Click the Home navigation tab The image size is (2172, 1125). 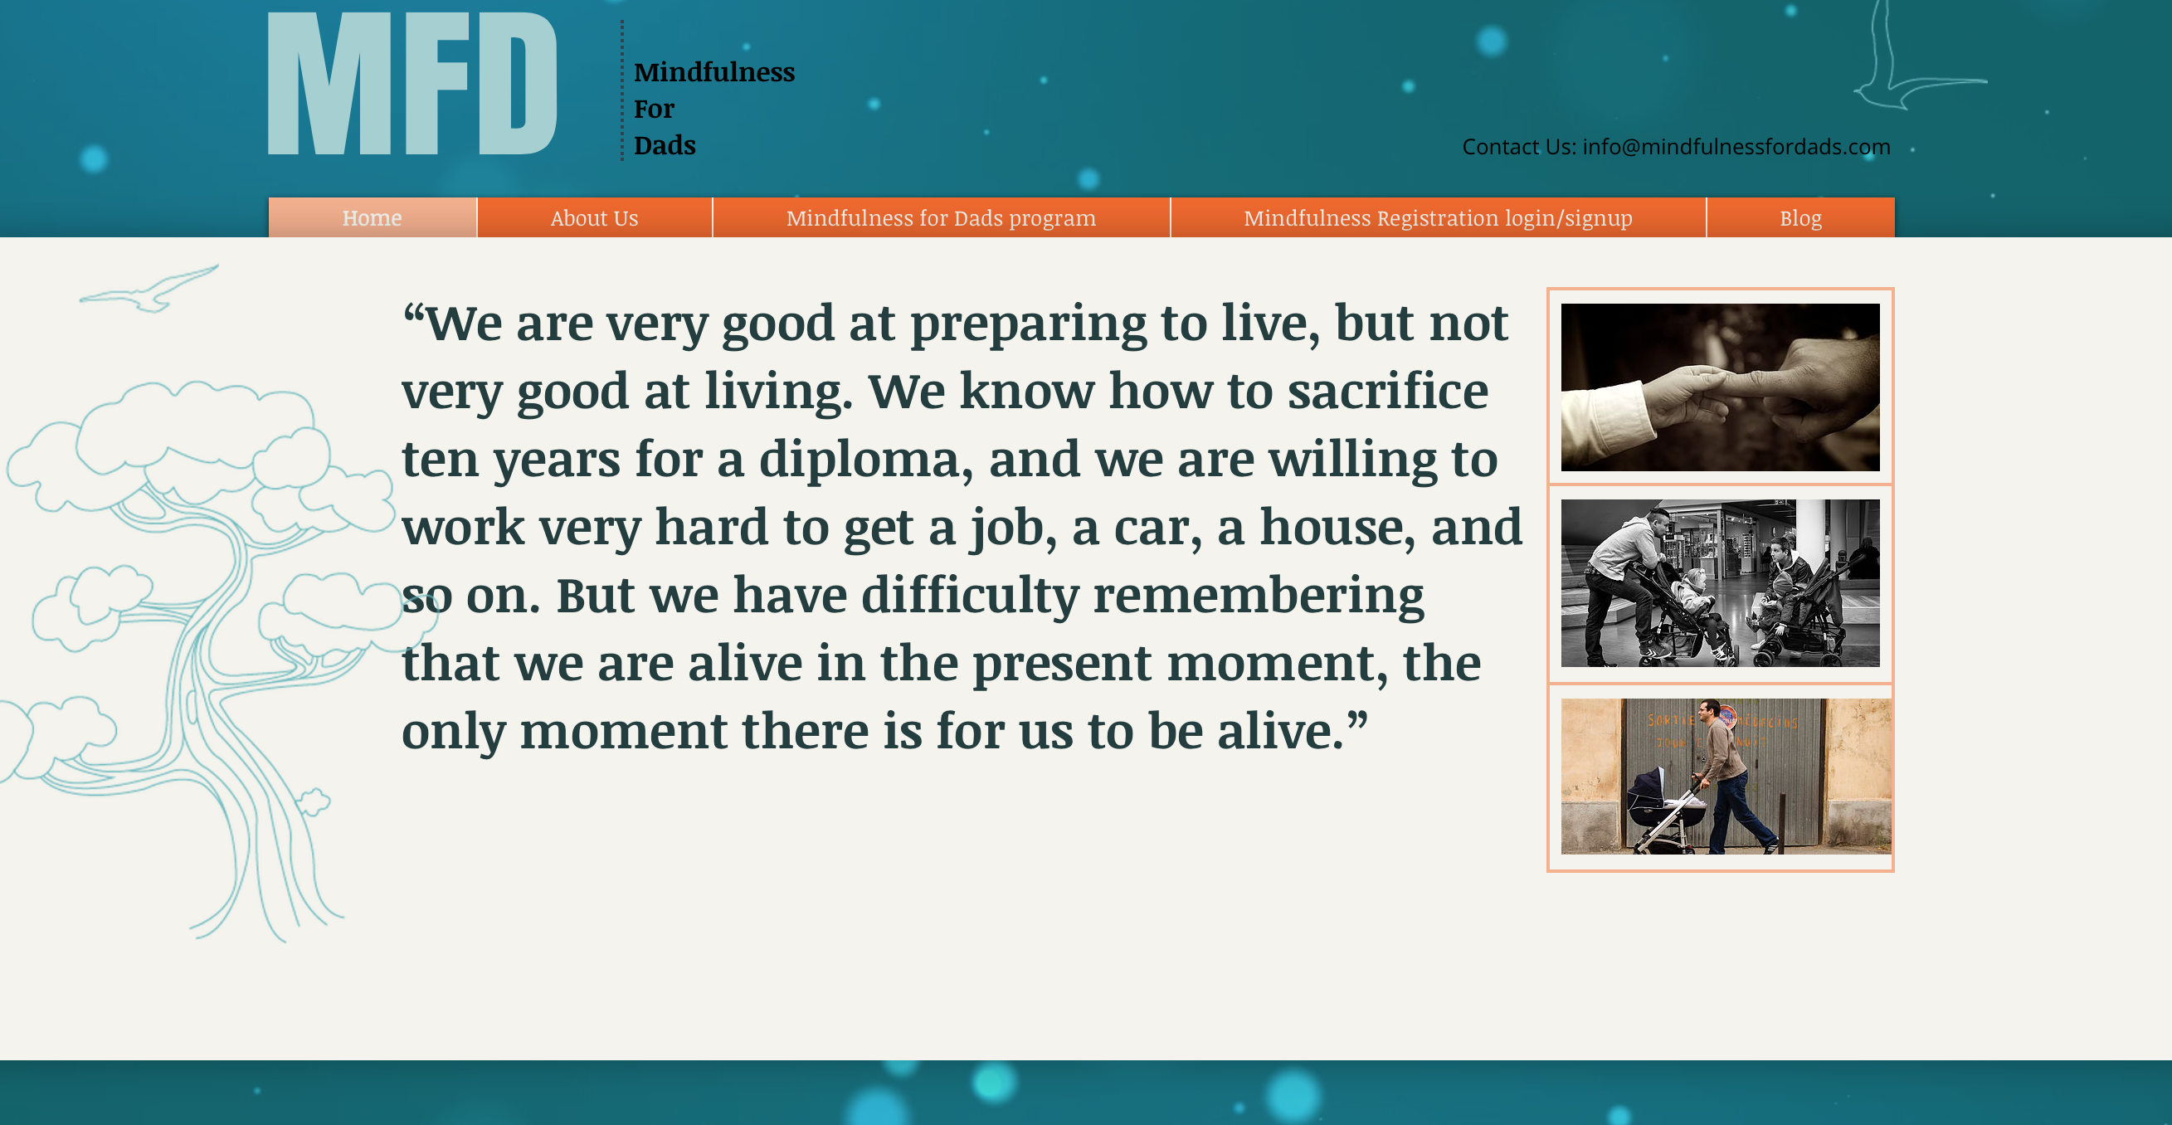click(x=373, y=217)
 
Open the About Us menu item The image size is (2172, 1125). click(x=594, y=217)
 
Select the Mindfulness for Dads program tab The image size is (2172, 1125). click(x=941, y=217)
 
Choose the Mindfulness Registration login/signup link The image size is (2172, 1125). click(x=1439, y=217)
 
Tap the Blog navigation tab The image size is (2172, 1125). click(x=1801, y=217)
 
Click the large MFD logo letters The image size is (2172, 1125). click(x=412, y=84)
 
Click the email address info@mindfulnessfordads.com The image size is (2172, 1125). click(x=1737, y=147)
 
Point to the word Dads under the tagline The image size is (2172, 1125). click(x=665, y=145)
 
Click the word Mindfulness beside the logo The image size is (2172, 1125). click(x=714, y=71)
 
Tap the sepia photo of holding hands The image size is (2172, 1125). click(x=1720, y=387)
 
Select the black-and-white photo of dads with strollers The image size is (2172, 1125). click(x=1720, y=582)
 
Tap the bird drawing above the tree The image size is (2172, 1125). click(x=149, y=289)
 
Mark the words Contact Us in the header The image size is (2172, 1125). click(x=1518, y=147)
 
